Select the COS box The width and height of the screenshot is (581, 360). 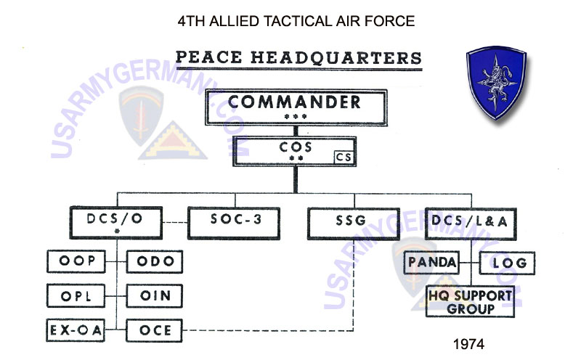[294, 152]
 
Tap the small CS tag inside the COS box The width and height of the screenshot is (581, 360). [344, 156]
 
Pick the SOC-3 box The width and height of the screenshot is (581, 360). [235, 223]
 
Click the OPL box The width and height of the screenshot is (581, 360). [76, 295]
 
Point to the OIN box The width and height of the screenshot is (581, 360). [154, 295]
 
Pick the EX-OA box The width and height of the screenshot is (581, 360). [76, 330]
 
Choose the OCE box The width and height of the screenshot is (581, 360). [154, 330]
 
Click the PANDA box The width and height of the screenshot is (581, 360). [431, 263]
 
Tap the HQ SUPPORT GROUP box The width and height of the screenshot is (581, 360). [470, 300]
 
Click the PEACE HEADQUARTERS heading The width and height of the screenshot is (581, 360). [298, 57]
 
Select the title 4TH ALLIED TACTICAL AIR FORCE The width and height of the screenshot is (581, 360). [296, 20]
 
